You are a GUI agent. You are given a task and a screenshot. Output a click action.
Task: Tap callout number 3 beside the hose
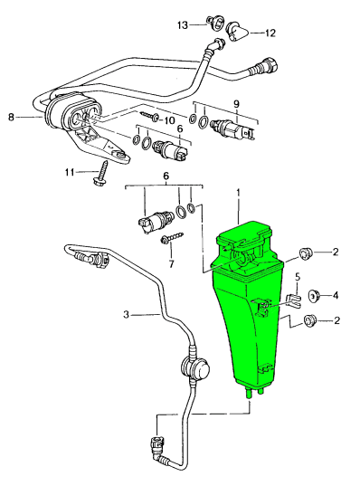click(128, 314)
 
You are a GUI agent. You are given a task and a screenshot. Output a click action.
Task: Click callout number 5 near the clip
click(298, 275)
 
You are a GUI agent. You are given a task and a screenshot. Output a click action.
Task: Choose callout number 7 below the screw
click(170, 264)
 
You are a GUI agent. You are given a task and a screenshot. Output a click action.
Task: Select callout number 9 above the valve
click(236, 101)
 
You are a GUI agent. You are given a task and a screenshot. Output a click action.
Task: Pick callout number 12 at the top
click(270, 33)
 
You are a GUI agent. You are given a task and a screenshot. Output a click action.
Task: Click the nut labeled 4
click(316, 295)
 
